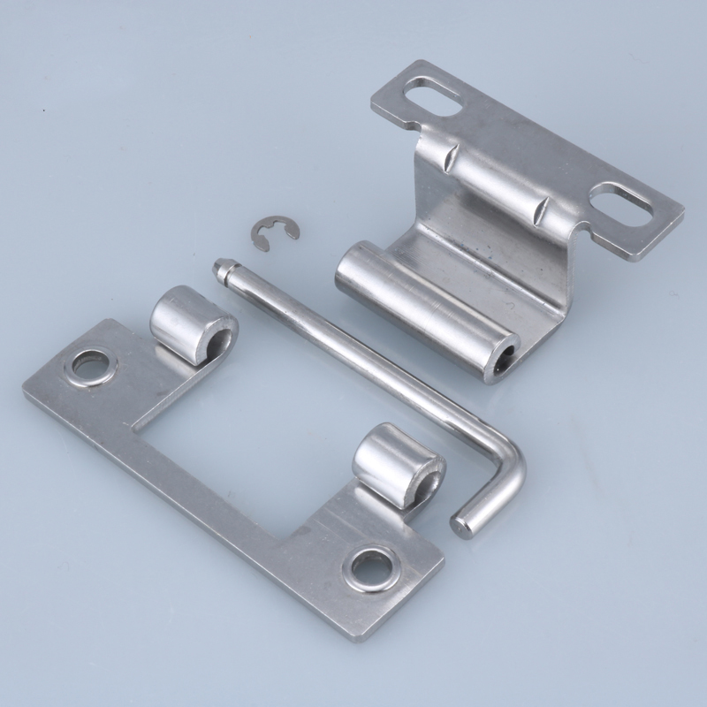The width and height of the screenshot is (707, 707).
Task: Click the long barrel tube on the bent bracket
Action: pyautogui.click(x=415, y=306)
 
